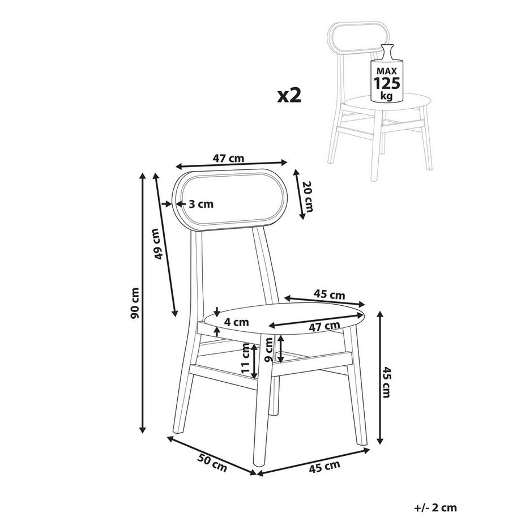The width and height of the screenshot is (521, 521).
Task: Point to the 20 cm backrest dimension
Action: point(307,197)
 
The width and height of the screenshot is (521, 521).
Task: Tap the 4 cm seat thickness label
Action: point(237,322)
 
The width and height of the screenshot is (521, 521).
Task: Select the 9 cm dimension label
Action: point(269,349)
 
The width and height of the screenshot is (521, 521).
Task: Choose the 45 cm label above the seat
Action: point(330,294)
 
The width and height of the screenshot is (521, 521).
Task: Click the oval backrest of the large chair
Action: point(231,199)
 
